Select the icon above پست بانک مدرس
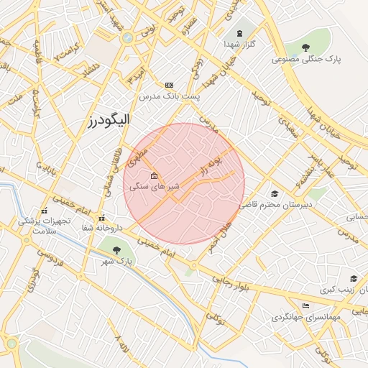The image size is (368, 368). click(x=169, y=84)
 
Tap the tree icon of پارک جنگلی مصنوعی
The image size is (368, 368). click(x=307, y=47)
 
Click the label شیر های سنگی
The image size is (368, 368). click(x=154, y=186)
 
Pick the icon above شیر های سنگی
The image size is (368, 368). click(x=154, y=176)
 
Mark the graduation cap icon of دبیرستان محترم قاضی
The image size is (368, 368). click(x=274, y=194)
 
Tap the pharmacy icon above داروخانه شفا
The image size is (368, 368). click(x=101, y=218)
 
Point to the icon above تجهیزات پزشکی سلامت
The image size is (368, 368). click(x=45, y=211)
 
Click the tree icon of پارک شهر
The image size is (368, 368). click(x=117, y=250)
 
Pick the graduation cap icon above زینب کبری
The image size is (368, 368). click(x=353, y=279)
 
